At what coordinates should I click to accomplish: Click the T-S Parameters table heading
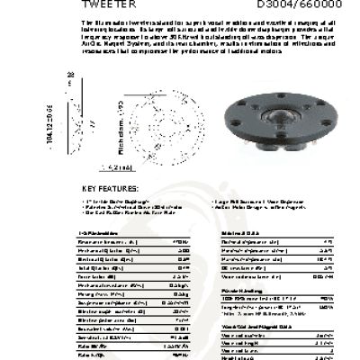click(x=96, y=233)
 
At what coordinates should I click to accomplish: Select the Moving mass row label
click(x=98, y=292)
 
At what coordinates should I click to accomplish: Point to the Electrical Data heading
click(x=238, y=233)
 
